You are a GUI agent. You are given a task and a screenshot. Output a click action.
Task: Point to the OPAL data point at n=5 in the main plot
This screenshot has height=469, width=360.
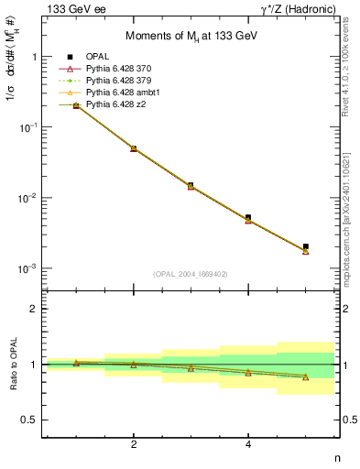(305, 246)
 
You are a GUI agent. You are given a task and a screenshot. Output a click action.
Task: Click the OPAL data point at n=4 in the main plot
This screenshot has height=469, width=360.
(248, 218)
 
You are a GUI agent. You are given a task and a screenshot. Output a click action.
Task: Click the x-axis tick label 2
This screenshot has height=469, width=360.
(134, 445)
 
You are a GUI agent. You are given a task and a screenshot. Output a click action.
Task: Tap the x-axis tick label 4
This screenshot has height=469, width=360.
(248, 445)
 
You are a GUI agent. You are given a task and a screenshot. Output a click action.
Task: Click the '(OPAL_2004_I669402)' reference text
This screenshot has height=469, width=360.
(191, 274)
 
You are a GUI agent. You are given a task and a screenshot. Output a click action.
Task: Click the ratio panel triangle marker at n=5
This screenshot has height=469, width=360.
(305, 376)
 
